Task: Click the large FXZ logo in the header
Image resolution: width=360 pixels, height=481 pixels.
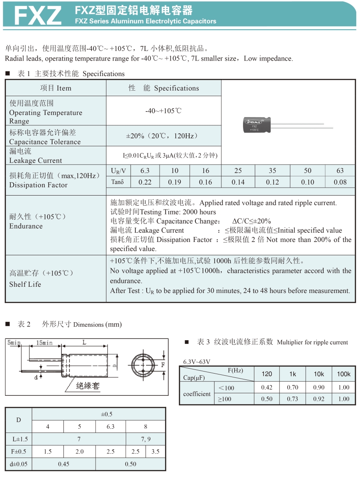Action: [37, 15]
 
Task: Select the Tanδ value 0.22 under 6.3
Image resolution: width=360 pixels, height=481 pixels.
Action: [145, 182]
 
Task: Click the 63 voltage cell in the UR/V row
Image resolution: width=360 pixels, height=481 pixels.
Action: [340, 171]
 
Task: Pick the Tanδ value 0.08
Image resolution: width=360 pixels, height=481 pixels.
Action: [340, 182]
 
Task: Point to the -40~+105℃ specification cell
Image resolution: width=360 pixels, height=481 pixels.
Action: [163, 111]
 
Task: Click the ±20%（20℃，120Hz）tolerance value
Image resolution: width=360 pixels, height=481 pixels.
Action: [163, 136]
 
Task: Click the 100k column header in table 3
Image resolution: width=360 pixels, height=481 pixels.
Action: [344, 374]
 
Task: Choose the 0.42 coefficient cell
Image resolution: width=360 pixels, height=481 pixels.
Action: [266, 387]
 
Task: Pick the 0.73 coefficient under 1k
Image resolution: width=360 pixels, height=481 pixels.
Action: [292, 399]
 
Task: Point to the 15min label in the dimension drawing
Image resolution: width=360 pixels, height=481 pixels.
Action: [44, 343]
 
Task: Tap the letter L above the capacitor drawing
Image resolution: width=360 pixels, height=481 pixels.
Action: [84, 342]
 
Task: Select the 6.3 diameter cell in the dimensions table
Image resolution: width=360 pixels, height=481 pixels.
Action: [110, 427]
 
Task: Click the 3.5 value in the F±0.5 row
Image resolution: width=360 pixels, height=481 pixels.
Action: [155, 452]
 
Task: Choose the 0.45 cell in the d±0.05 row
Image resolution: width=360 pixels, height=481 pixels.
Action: [63, 464]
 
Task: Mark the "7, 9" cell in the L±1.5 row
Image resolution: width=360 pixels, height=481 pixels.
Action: [145, 439]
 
